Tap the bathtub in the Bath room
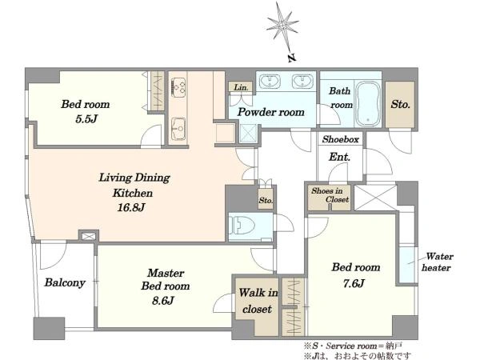coord(369,103)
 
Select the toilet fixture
coord(242,226)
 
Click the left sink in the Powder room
coord(270,82)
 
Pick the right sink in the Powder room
coord(302,82)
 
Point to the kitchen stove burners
coord(178,86)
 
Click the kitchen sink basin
coord(178,129)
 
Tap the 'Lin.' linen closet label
coord(241,87)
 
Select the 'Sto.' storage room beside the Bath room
coord(400,104)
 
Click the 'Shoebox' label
coord(341,139)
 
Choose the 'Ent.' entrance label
coord(339,157)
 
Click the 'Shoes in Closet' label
coord(330,195)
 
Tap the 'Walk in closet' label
coord(258,301)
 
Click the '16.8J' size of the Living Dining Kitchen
coord(131,208)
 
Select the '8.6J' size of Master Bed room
coord(163,301)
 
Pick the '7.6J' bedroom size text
coord(354,283)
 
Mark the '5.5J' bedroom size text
coord(86,118)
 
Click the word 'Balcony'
coord(65,282)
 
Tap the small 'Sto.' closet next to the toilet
coord(266,200)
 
